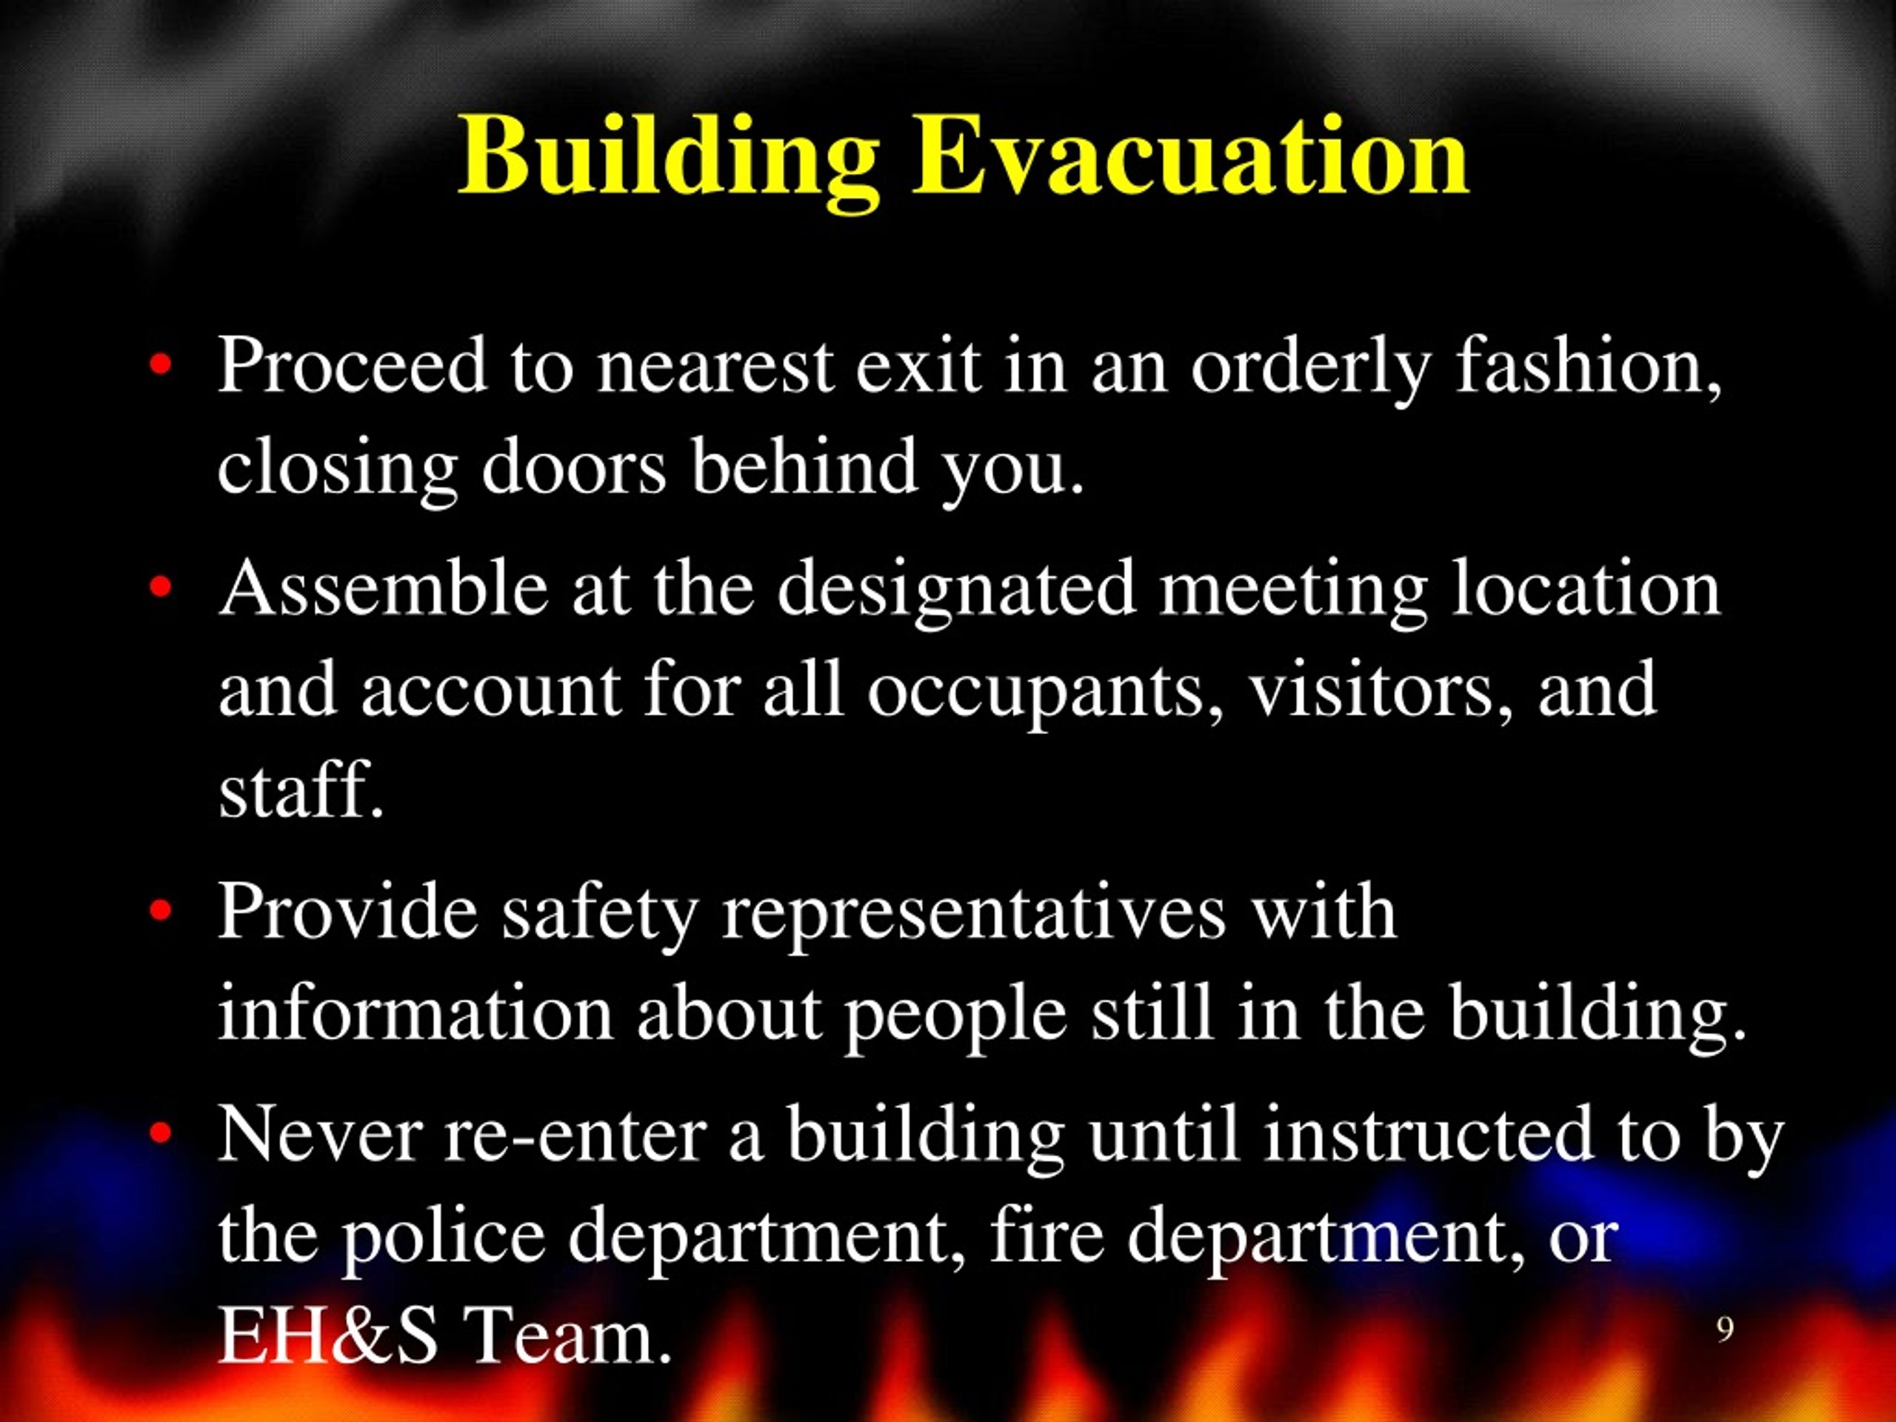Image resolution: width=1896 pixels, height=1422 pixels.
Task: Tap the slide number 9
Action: point(1725,1329)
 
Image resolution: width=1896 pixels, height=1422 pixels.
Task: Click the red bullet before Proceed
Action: point(160,366)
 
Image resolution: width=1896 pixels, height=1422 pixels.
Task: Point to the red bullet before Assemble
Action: point(160,589)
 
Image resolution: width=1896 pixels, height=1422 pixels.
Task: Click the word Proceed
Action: point(353,366)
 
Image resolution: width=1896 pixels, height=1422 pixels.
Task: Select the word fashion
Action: point(1590,366)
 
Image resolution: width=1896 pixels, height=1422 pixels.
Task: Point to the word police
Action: point(445,1239)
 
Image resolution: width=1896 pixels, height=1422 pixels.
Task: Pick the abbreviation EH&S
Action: point(328,1337)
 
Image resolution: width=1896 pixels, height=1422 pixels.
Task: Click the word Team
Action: point(566,1337)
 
